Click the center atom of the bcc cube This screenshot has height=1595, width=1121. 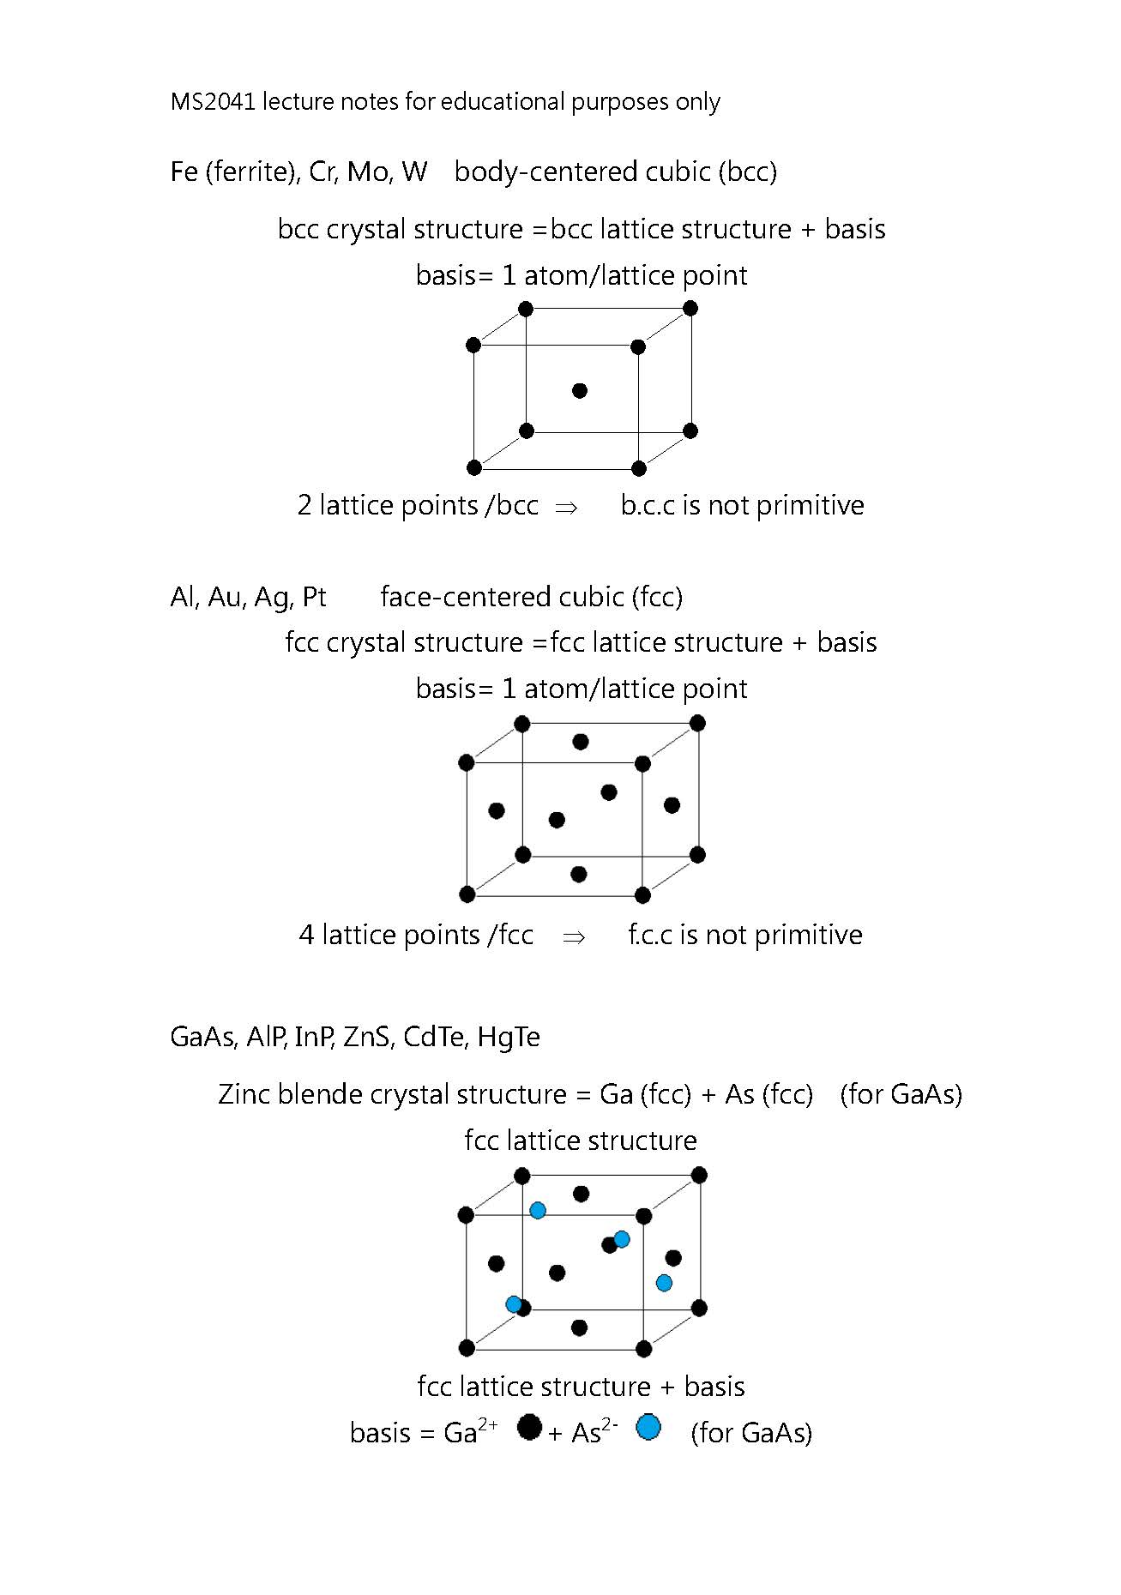point(580,391)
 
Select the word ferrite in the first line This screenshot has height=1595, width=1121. point(250,172)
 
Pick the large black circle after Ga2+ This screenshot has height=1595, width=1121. point(530,1427)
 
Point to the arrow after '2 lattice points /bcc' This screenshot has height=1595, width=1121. point(566,507)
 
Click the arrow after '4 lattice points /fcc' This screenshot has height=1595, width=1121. point(573,936)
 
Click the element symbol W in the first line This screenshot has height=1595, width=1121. point(414,172)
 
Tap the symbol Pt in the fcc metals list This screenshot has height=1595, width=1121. point(314,597)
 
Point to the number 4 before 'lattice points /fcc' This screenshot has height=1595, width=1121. point(306,936)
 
